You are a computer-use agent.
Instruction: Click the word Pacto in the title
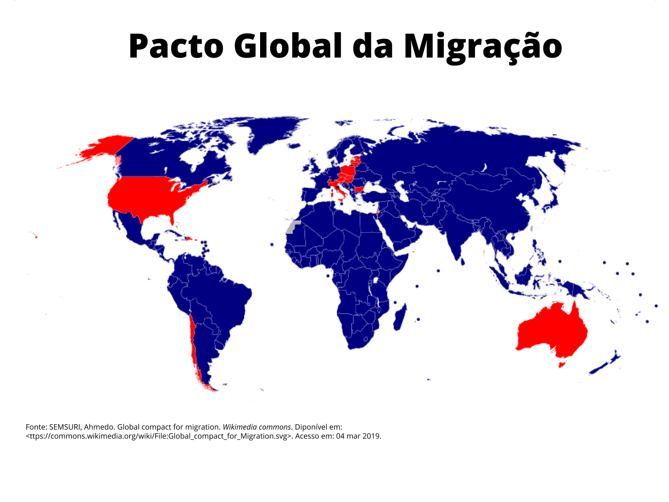tap(176, 46)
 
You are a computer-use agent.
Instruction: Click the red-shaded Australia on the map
tap(552, 330)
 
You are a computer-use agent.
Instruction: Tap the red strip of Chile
tap(193, 343)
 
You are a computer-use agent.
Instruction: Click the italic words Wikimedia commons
tap(256, 427)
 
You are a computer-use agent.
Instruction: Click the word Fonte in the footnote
tap(35, 427)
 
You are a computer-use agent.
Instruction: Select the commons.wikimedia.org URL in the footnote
tap(159, 436)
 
